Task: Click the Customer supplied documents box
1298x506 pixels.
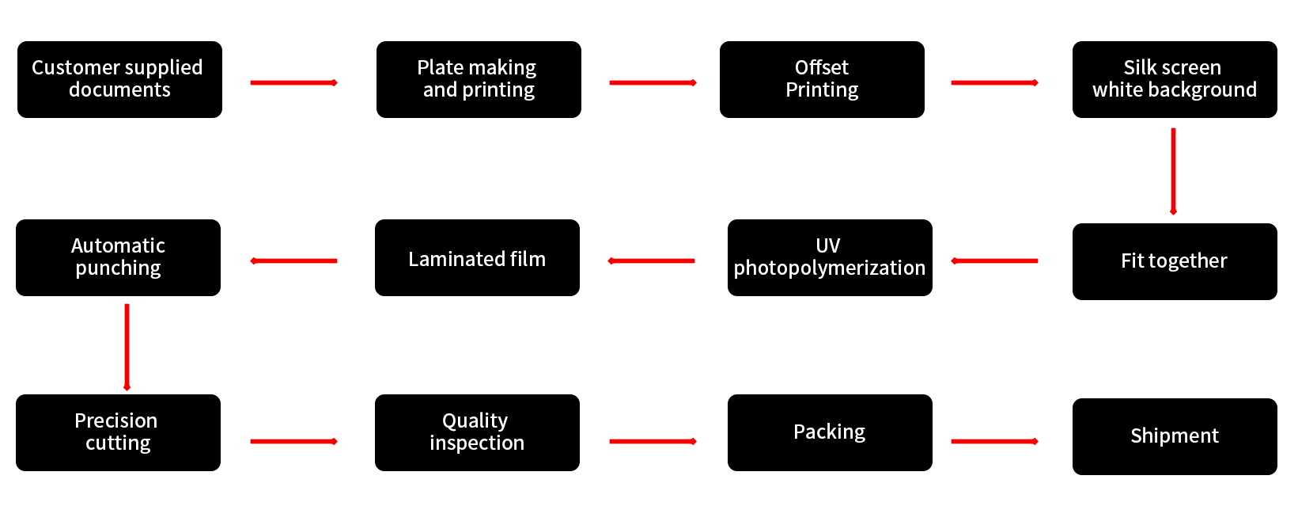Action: click(119, 79)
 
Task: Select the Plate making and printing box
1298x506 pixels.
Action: click(479, 79)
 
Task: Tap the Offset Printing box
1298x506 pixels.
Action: click(822, 79)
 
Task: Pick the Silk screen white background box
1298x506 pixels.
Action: click(1175, 79)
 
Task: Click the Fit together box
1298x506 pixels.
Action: click(1175, 261)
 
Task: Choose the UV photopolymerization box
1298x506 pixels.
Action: click(830, 258)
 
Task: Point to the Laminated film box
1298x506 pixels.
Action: click(477, 258)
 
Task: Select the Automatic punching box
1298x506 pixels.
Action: click(118, 258)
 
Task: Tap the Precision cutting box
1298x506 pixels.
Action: click(118, 432)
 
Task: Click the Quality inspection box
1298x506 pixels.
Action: click(477, 432)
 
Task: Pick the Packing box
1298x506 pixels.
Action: click(830, 432)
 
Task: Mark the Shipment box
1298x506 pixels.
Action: click(1175, 436)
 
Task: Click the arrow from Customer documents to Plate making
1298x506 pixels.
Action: click(293, 82)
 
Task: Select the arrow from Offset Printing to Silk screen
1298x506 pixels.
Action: click(994, 82)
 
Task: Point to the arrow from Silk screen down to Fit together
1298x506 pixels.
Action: click(1173, 171)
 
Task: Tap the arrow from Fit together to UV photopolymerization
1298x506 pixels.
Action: click(994, 261)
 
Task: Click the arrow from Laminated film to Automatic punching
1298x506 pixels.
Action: click(293, 261)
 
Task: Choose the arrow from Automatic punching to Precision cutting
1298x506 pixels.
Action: click(127, 347)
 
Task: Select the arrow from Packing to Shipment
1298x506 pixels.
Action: click(994, 441)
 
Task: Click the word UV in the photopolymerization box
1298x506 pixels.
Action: click(828, 245)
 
